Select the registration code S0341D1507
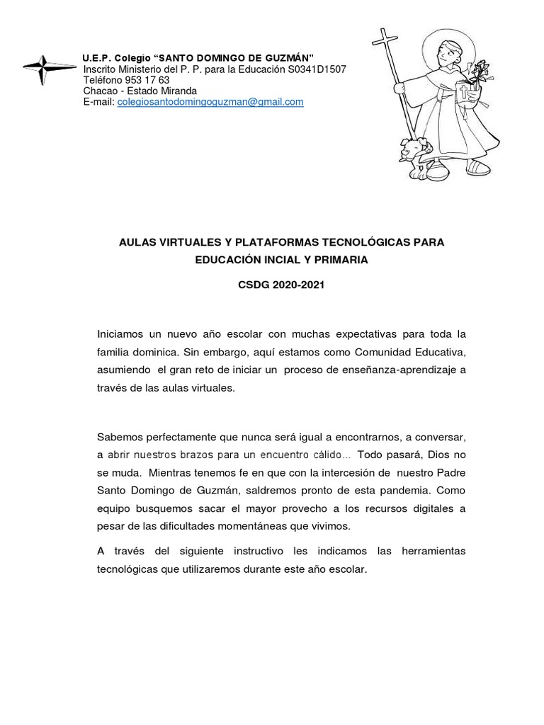(x=317, y=69)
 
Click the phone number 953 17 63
(x=147, y=81)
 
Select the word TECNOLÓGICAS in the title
(x=365, y=243)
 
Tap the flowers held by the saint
(x=485, y=71)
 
